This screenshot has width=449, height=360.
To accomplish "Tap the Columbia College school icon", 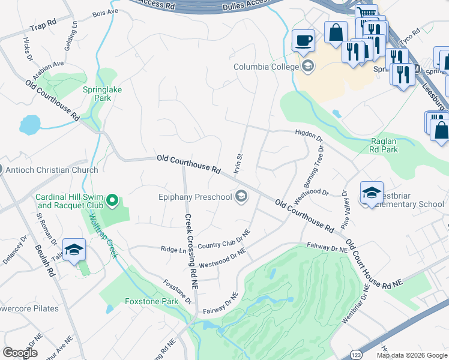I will [x=308, y=66].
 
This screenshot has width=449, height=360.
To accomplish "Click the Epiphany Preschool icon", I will [x=241, y=196].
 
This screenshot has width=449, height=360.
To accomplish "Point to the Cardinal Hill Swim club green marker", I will [x=112, y=200].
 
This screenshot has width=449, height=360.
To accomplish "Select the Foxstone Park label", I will [x=151, y=302].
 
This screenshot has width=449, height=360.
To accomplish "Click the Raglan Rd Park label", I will [x=384, y=145].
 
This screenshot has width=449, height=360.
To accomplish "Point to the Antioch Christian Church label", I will [x=52, y=170].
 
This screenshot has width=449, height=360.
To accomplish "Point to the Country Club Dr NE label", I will [x=223, y=239].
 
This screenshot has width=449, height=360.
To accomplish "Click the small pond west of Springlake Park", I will [x=29, y=124].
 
